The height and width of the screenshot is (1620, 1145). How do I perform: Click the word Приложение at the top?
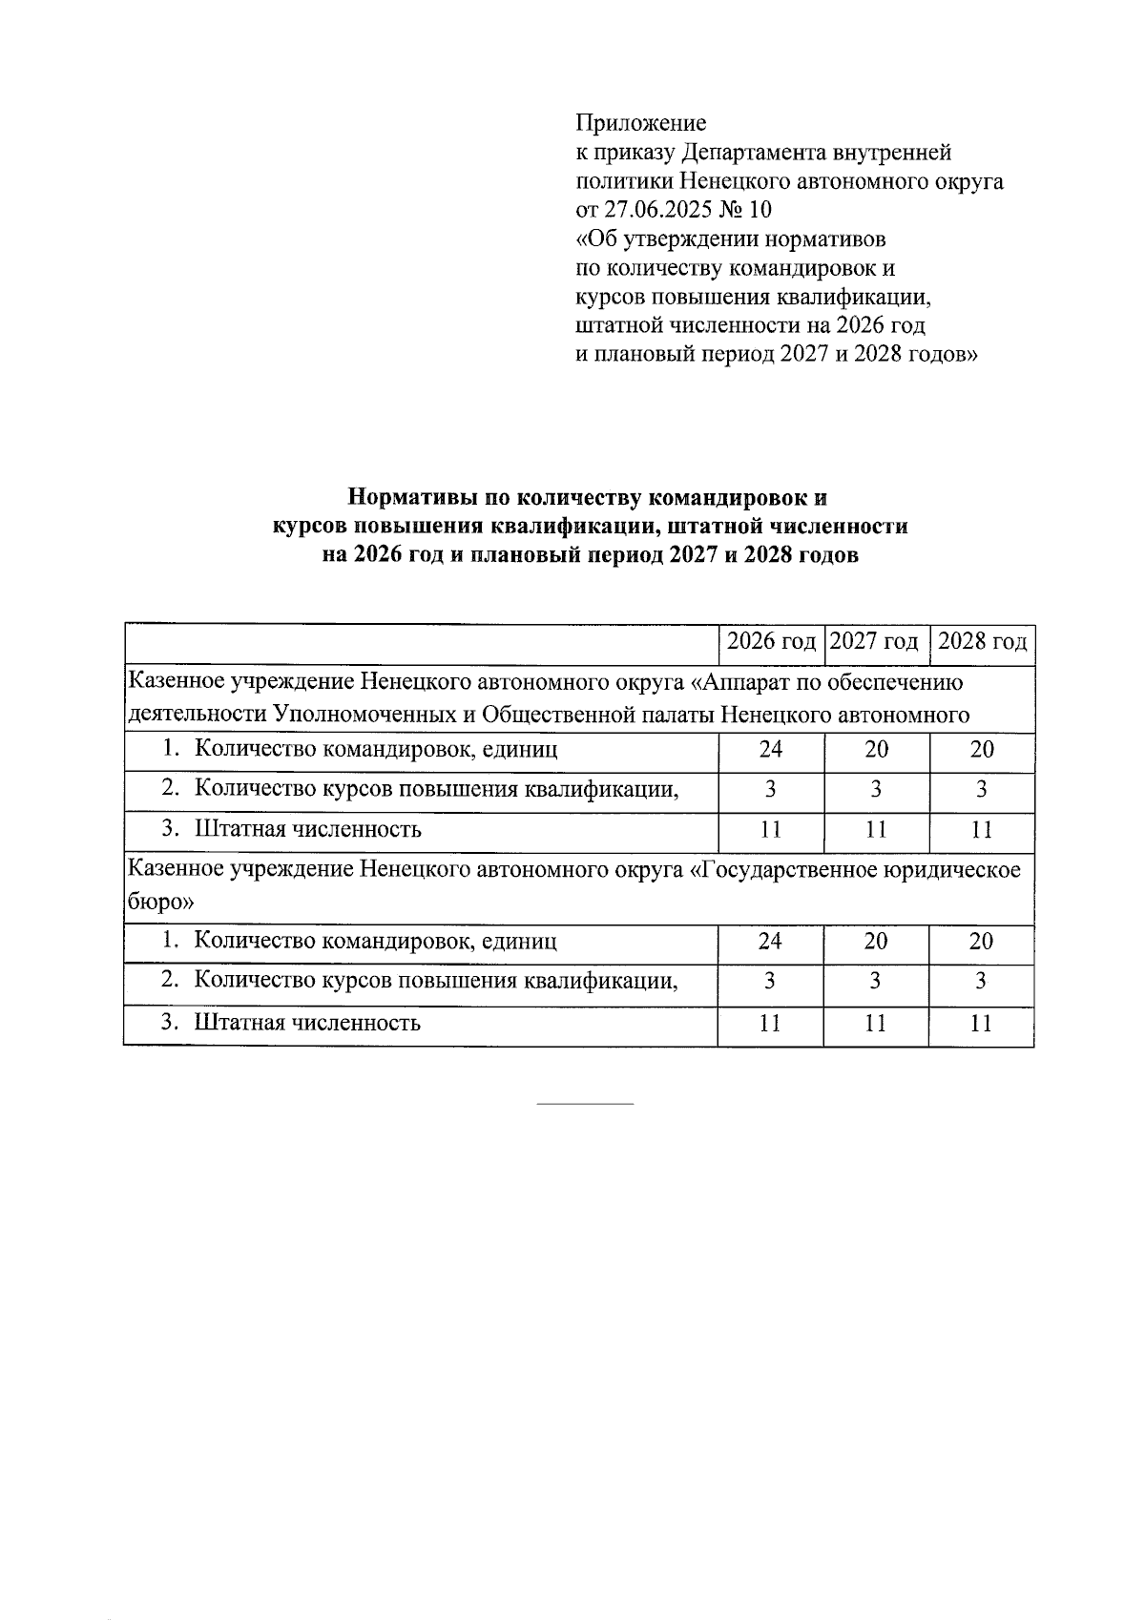(x=640, y=123)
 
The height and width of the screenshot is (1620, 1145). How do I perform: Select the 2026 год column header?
(x=771, y=641)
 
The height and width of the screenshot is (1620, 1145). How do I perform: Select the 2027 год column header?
(x=874, y=641)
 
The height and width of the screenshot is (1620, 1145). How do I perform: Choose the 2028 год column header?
(x=982, y=641)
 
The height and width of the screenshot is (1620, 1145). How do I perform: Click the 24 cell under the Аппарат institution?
(x=770, y=750)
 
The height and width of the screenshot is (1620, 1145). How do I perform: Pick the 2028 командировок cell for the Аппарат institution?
(x=982, y=750)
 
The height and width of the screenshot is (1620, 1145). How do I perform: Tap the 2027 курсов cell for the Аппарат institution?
(x=875, y=790)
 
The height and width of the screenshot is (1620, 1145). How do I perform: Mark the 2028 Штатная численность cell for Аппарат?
(x=982, y=830)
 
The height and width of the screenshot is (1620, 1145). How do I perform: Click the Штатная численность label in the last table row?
(x=307, y=1024)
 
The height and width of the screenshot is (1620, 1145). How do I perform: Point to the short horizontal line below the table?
(x=585, y=1105)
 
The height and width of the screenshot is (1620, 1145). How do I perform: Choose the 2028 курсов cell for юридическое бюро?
(x=981, y=982)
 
